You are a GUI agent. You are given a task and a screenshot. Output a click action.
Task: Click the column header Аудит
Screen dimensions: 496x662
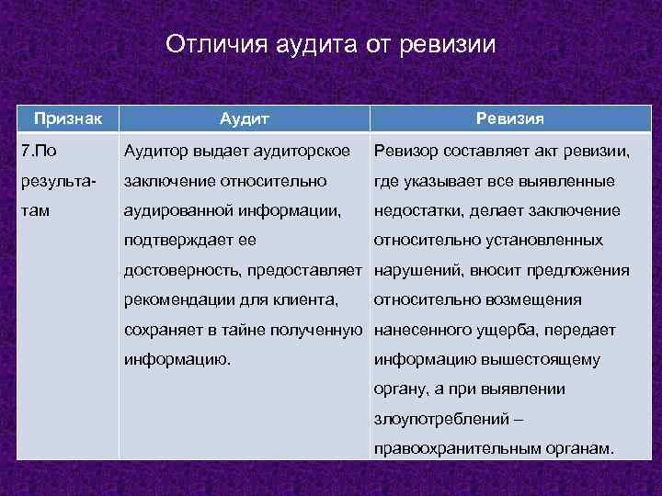(245, 118)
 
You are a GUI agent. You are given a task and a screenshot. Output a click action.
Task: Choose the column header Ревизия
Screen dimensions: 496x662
(509, 118)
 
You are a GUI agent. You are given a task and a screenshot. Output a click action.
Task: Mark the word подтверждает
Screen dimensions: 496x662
(177, 241)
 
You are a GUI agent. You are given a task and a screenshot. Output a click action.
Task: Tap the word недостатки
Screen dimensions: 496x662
(419, 211)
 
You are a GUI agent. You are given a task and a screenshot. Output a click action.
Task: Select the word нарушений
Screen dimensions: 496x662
(417, 270)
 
